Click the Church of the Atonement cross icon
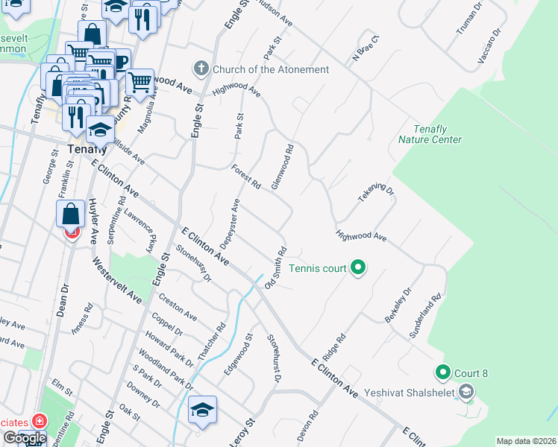point(201,69)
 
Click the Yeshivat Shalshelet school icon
point(466,391)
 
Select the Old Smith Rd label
point(275,269)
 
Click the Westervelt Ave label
point(116,279)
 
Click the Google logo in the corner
point(24,438)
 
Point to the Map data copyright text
point(526,441)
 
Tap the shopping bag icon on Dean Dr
point(70,213)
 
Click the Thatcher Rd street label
point(211,341)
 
